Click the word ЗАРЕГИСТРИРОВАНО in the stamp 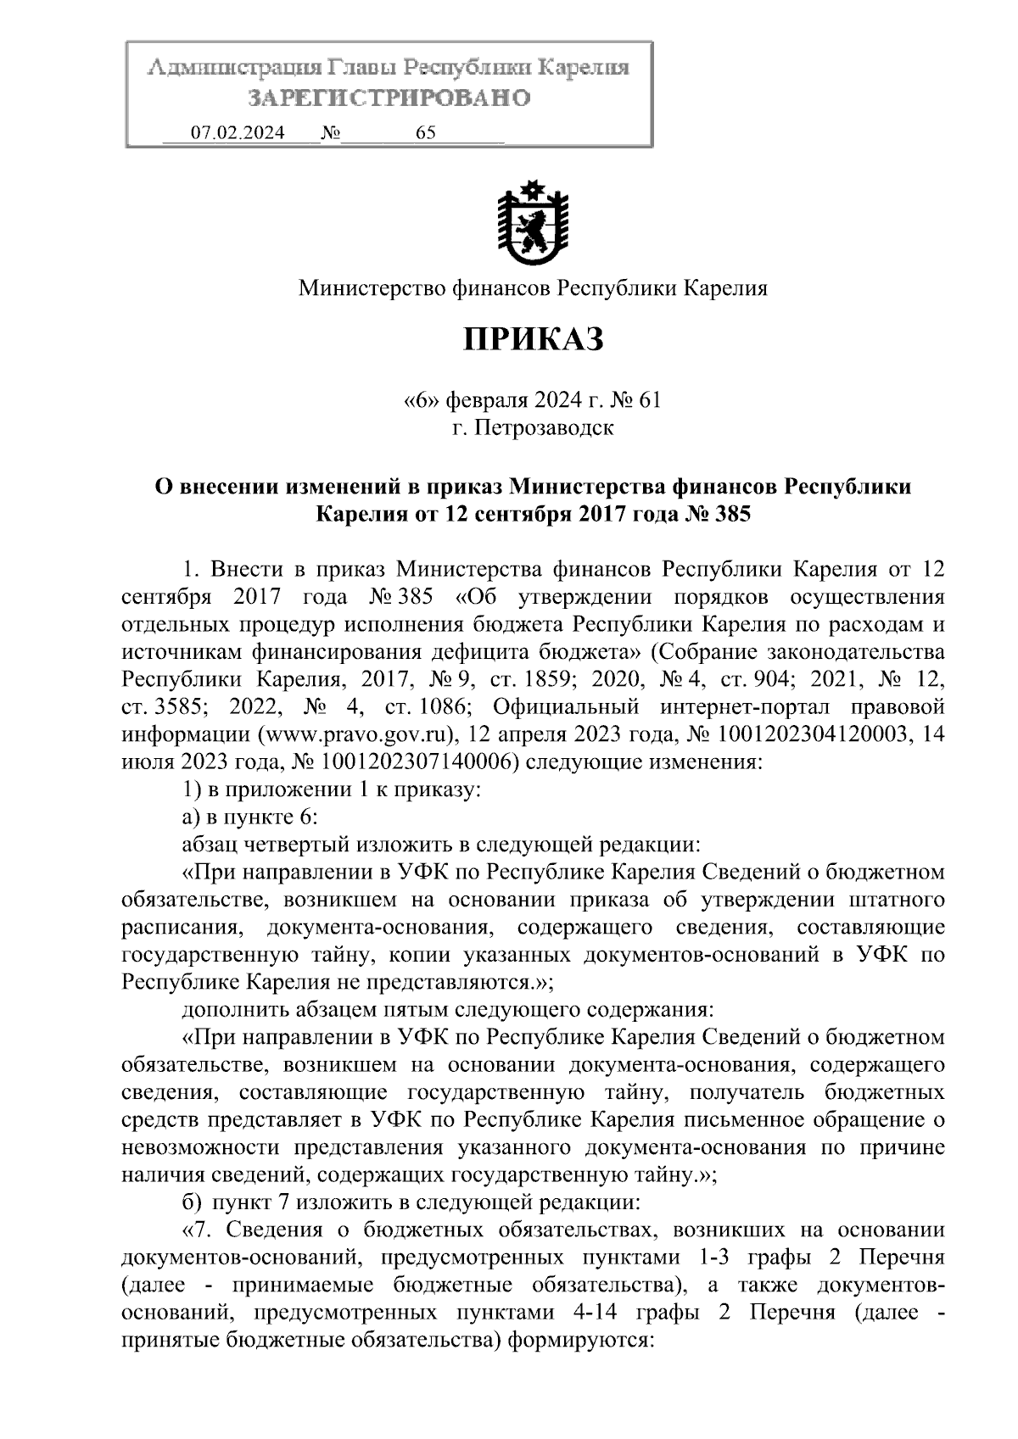(x=389, y=98)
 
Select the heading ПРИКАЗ (x=533, y=339)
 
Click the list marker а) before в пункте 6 (x=191, y=817)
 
